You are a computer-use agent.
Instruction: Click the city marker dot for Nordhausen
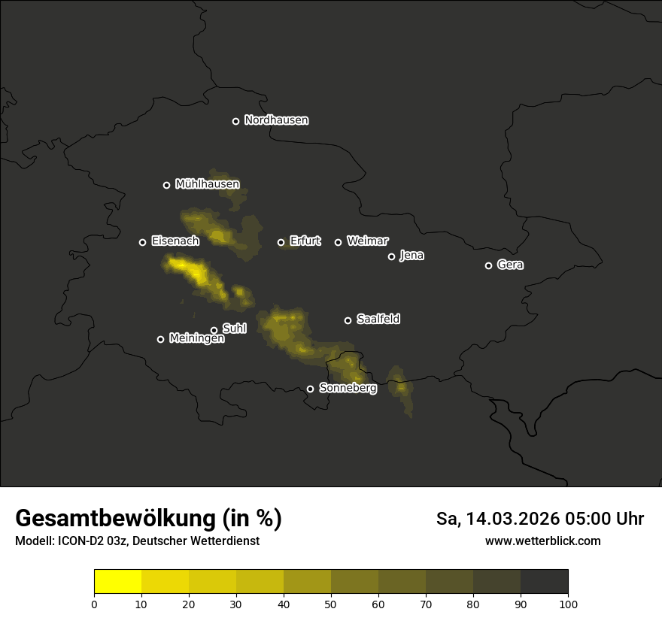tap(235, 121)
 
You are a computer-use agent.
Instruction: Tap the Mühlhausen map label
tap(207, 184)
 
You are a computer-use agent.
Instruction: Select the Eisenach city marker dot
tap(142, 242)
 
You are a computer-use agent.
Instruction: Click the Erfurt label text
tap(305, 241)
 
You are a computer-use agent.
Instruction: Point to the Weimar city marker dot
tap(338, 242)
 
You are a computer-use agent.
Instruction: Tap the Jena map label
tap(411, 256)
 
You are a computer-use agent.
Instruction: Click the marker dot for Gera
tap(488, 265)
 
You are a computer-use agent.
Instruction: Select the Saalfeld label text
tap(378, 320)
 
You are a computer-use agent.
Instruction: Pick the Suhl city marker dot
tap(214, 330)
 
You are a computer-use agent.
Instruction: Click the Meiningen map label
tap(196, 339)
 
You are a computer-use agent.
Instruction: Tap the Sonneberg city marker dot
tap(310, 389)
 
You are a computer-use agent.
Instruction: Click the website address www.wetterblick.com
tap(542, 541)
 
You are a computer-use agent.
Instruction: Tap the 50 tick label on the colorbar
tap(331, 604)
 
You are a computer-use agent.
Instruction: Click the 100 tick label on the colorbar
tap(568, 604)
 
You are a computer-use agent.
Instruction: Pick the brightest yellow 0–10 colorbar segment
tap(118, 582)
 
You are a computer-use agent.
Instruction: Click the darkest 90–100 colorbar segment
tap(544, 582)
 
